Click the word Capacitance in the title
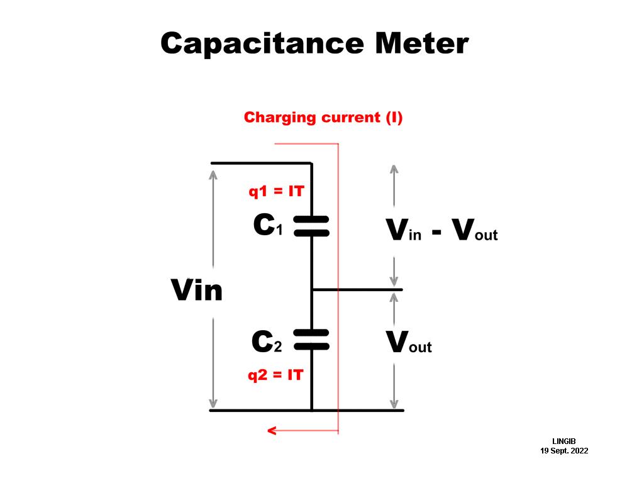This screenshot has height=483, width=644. (262, 44)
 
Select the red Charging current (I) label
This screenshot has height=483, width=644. (323, 118)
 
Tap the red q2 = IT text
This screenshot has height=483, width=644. (275, 375)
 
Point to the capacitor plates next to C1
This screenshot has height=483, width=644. (311, 226)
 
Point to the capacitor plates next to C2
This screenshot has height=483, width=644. (311, 340)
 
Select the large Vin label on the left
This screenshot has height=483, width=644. (197, 291)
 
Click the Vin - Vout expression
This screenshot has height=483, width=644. (442, 231)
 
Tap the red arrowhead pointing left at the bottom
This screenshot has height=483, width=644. (272, 431)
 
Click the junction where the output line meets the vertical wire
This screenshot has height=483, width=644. (312, 290)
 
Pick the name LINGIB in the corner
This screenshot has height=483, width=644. (564, 441)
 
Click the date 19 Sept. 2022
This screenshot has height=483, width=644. (564, 451)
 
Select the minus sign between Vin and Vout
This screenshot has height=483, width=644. (436, 232)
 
